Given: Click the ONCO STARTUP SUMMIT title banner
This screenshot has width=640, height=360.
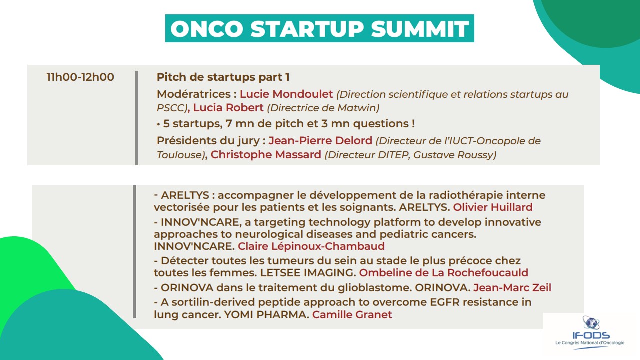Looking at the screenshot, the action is (x=319, y=28).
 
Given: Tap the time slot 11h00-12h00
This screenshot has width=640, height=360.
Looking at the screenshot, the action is (x=80, y=77).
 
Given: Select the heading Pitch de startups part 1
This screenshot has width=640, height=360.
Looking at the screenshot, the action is (x=223, y=77).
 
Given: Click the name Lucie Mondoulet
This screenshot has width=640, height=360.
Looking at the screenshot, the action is (x=286, y=94).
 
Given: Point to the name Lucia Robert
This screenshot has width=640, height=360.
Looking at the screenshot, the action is (x=228, y=108).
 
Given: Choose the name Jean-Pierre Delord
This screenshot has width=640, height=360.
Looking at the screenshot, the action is (x=320, y=141).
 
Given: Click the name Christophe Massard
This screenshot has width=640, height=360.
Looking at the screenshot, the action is (x=266, y=155).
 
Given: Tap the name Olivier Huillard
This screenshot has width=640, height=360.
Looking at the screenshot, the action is (x=493, y=207).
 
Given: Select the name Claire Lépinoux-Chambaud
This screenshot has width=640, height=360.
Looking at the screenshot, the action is (x=311, y=246).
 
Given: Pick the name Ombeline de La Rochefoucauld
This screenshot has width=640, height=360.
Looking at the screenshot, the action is (x=443, y=273).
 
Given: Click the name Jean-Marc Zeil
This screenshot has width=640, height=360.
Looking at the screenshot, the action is (x=512, y=287).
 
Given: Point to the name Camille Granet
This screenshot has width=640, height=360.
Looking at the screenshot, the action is (x=352, y=315).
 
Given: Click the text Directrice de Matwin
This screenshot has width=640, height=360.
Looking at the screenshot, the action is (x=323, y=108).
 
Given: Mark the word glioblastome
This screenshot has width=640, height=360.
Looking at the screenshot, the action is (x=375, y=287).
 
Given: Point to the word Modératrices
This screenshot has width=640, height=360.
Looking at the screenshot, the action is (x=193, y=94).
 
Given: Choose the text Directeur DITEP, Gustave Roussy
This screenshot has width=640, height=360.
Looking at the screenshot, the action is (x=410, y=155).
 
